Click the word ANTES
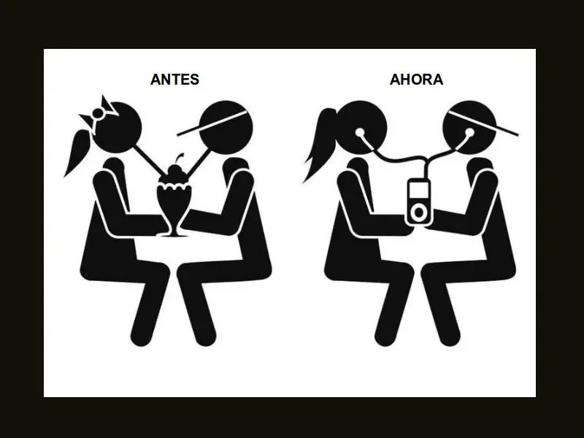click(x=174, y=80)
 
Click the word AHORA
click(x=417, y=80)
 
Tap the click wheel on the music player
click(x=418, y=212)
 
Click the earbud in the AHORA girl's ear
click(x=361, y=134)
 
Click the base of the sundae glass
click(x=172, y=234)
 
